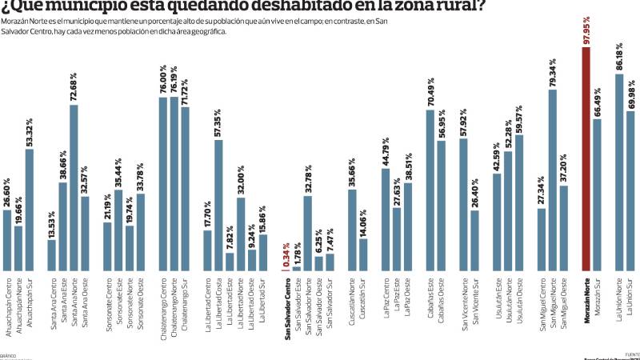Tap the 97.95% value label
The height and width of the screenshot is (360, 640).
586,29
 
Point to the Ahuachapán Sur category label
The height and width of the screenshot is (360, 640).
30,301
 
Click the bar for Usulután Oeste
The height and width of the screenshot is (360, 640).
519,201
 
